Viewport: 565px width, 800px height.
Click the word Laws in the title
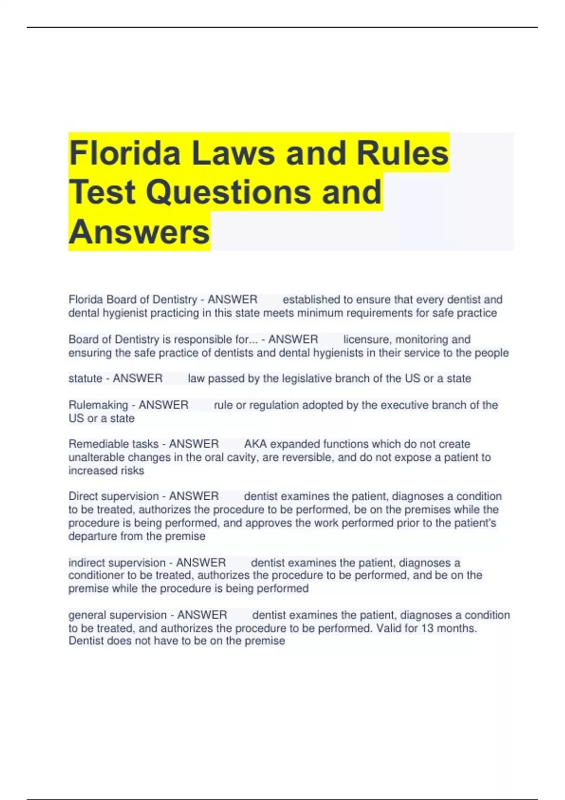[233, 153]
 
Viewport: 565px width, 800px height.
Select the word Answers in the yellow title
[139, 232]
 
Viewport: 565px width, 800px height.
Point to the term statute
[85, 378]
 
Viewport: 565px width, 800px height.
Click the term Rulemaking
[98, 405]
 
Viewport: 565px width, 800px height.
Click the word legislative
[307, 378]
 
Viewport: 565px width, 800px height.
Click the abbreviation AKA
[255, 444]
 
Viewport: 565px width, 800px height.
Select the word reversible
[297, 457]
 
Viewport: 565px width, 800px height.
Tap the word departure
[93, 536]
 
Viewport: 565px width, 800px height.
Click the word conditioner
[96, 575]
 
